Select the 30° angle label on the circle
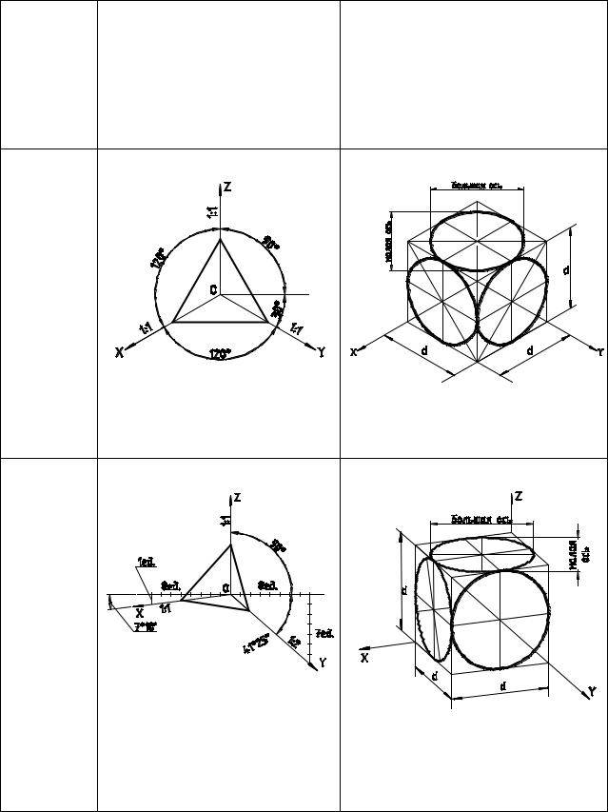pos(277,310)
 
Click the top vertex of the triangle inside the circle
pos(221,239)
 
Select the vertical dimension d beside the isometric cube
pos(568,269)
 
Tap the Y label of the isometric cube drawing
pos(601,351)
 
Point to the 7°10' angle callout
pos(147,626)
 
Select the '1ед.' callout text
pos(147,562)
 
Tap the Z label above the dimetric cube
pos(519,497)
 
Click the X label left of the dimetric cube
pos(364,657)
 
